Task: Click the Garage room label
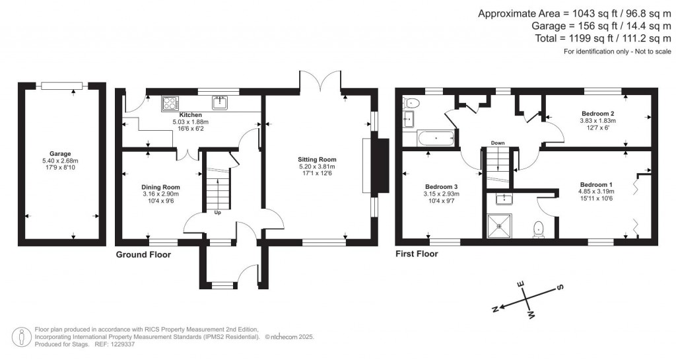60,153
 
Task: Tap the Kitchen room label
191,115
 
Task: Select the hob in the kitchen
170,104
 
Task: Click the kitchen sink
220,102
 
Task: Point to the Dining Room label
161,187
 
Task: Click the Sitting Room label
317,159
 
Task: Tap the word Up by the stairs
218,212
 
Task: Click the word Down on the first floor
498,143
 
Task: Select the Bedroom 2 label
597,114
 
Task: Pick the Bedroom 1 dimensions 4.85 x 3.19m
596,192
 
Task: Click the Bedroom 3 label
442,187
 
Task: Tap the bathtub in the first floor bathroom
436,139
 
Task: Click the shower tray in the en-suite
499,226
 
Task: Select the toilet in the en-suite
539,229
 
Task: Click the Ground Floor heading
143,255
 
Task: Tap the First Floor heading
417,254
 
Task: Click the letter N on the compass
496,308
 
